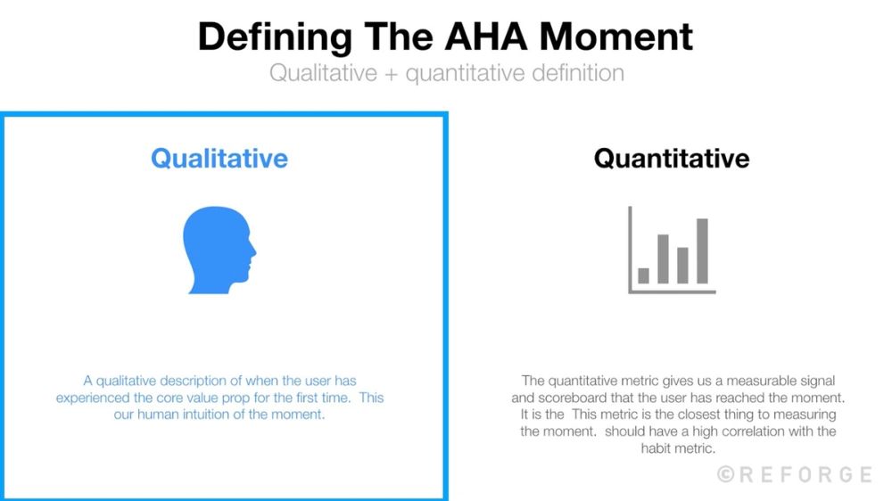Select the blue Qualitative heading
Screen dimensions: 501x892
219,159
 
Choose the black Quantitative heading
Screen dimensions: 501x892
672,159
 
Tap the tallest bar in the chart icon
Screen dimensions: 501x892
702,250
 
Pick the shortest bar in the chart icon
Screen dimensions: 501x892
643,275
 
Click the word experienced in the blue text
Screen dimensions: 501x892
93,398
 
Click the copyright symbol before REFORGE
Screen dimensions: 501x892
726,474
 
